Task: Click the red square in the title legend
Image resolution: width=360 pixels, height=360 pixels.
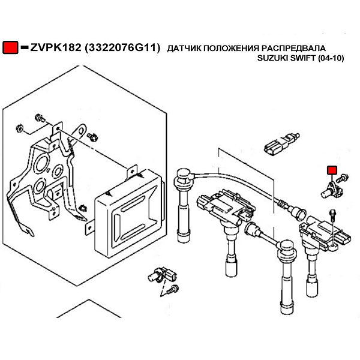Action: click(x=10, y=47)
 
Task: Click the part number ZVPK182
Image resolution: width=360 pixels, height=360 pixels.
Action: click(x=56, y=47)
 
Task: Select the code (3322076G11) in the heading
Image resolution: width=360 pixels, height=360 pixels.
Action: click(x=122, y=48)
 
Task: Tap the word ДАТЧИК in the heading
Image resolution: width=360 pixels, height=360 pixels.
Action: click(x=184, y=48)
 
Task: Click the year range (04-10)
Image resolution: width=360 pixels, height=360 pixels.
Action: click(x=331, y=58)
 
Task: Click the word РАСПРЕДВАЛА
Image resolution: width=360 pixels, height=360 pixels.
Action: click(x=293, y=48)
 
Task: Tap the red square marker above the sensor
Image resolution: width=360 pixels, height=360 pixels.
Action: click(x=332, y=170)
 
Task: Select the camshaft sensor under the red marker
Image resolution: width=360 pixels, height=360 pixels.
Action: click(x=331, y=190)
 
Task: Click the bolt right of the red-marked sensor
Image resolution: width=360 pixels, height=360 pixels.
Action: click(x=343, y=178)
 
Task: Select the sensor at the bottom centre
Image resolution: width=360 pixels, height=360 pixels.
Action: click(x=162, y=275)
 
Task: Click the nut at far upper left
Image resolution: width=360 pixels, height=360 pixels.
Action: click(x=19, y=128)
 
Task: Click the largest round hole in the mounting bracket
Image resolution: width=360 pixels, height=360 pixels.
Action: click(x=42, y=164)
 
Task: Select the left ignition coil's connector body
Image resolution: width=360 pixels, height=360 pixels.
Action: click(x=205, y=202)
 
